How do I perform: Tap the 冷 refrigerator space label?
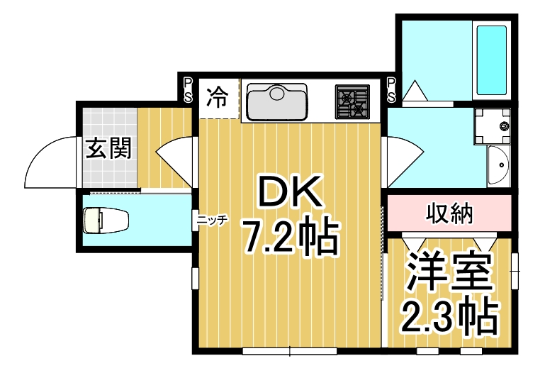[x=218, y=96]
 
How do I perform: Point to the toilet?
[x=104, y=219]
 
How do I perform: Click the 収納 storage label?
[x=449, y=213]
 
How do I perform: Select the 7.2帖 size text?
[x=289, y=238]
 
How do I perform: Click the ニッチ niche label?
[x=212, y=221]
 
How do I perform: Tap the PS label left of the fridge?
[x=188, y=90]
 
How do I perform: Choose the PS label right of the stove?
[x=391, y=90]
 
